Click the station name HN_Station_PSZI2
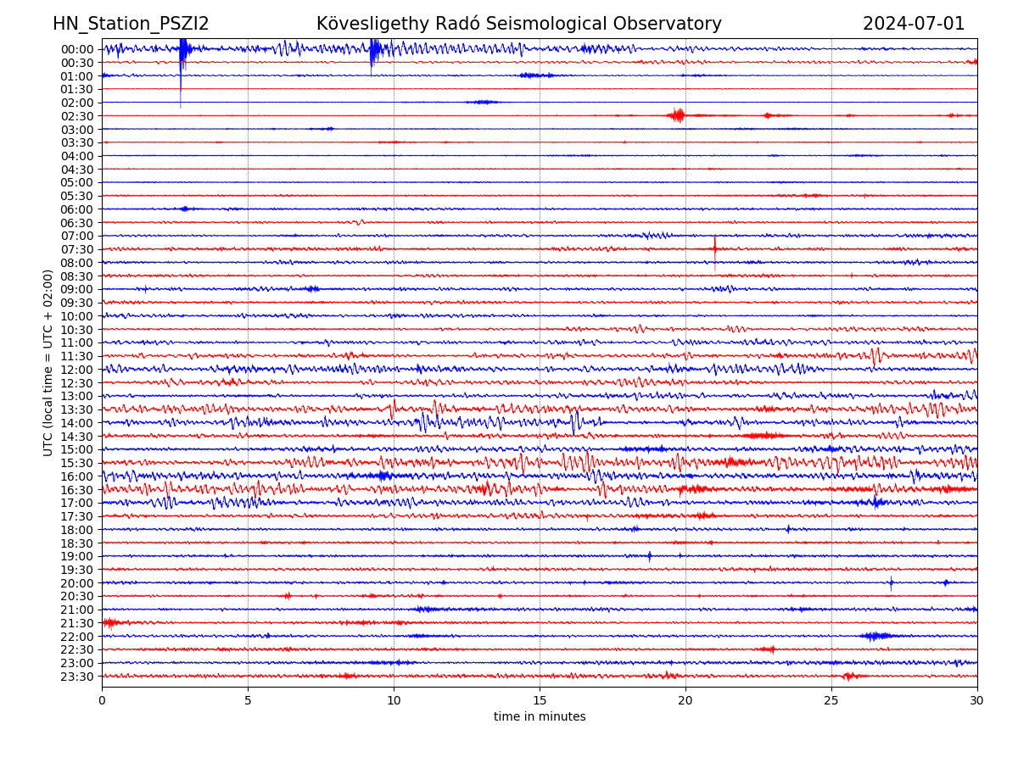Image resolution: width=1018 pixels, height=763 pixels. (131, 24)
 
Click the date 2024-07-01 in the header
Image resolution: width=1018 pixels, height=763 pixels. (914, 24)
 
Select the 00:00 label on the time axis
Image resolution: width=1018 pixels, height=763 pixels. (76, 49)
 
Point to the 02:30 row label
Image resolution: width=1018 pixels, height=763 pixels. (76, 116)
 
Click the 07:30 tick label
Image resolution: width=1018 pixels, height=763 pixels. (76, 249)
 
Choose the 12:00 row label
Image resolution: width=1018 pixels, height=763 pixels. (76, 370)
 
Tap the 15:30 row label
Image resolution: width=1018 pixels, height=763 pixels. (76, 463)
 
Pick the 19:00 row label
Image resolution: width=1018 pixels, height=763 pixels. (76, 556)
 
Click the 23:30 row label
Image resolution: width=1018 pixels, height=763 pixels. (76, 677)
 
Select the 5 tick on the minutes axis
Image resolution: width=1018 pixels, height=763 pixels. (248, 701)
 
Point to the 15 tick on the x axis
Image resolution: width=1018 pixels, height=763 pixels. (540, 701)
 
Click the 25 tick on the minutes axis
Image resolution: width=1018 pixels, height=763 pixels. (831, 701)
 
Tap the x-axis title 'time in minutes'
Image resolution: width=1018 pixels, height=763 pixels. (540, 717)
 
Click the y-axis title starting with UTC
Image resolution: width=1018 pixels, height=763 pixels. (48, 363)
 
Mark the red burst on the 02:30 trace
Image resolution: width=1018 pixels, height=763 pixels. (677, 115)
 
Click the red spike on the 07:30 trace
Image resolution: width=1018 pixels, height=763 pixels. (714, 248)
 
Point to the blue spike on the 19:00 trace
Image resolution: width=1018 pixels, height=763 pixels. (650, 556)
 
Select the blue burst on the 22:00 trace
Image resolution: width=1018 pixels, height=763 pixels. (876, 636)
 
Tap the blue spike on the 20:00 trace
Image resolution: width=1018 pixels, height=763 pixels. (891, 582)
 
